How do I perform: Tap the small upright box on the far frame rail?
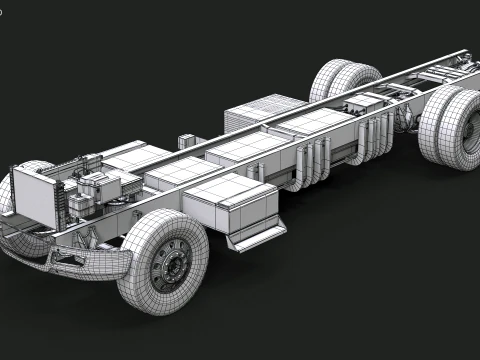pos(187,141)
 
